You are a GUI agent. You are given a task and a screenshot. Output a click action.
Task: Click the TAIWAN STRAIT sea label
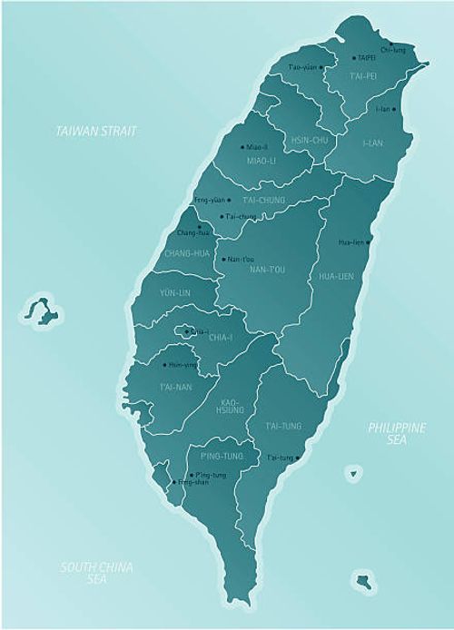[95, 132]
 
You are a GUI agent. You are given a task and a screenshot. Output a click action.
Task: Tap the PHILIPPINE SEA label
[396, 433]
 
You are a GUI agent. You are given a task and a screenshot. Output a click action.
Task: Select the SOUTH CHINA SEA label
[96, 572]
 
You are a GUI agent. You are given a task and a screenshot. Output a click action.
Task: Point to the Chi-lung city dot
[390, 43]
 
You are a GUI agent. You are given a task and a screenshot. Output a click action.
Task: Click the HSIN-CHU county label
[308, 140]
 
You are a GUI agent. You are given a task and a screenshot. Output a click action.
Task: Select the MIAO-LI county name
[261, 161]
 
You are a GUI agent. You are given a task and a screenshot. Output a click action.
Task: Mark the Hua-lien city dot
[369, 242]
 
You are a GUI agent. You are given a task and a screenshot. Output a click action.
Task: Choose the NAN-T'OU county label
[267, 270]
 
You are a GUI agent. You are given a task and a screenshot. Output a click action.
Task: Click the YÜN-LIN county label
[174, 293]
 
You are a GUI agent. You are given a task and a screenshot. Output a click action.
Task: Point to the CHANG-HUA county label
[189, 253]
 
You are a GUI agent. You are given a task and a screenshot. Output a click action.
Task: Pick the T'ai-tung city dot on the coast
[298, 458]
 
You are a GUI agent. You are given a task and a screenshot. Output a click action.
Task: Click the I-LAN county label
[372, 143]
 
